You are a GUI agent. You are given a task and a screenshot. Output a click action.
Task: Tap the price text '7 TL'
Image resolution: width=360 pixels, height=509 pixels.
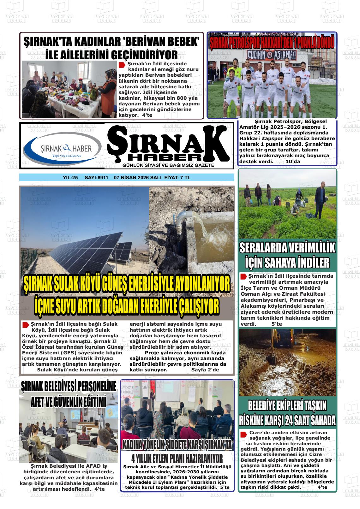[x=185, y=178]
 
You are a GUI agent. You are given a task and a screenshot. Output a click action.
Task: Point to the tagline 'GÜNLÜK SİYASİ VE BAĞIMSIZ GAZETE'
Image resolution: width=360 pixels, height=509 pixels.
[x=168, y=165]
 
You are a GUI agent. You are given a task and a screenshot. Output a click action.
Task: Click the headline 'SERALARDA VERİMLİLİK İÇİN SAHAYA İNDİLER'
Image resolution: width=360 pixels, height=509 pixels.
[x=287, y=255]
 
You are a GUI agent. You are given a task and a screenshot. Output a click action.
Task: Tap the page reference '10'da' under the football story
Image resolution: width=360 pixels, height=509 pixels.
[x=293, y=162]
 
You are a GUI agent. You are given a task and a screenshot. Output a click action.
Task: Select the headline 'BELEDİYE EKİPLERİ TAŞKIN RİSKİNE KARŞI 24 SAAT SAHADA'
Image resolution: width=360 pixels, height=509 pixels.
[x=287, y=413]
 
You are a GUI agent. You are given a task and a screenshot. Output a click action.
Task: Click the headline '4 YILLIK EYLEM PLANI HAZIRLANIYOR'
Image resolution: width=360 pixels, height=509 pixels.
[x=177, y=458]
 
